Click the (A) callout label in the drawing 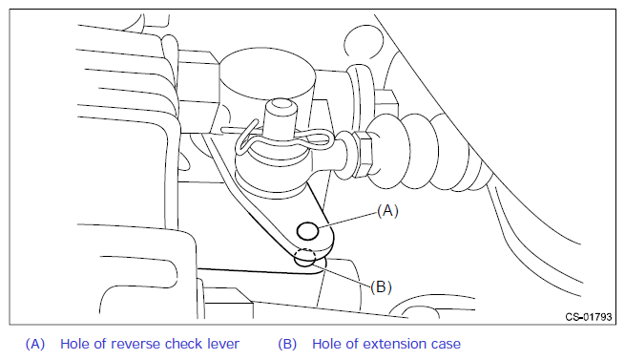(x=387, y=210)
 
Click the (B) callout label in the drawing (x=381, y=286)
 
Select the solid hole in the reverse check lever (x=307, y=231)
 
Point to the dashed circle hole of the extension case (x=305, y=258)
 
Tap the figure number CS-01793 (x=589, y=317)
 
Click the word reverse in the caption (x=135, y=344)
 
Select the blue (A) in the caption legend (x=35, y=344)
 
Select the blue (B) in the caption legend (x=287, y=344)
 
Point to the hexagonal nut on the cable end (x=365, y=155)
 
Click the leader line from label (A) (x=347, y=220)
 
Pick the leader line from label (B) (x=342, y=273)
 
